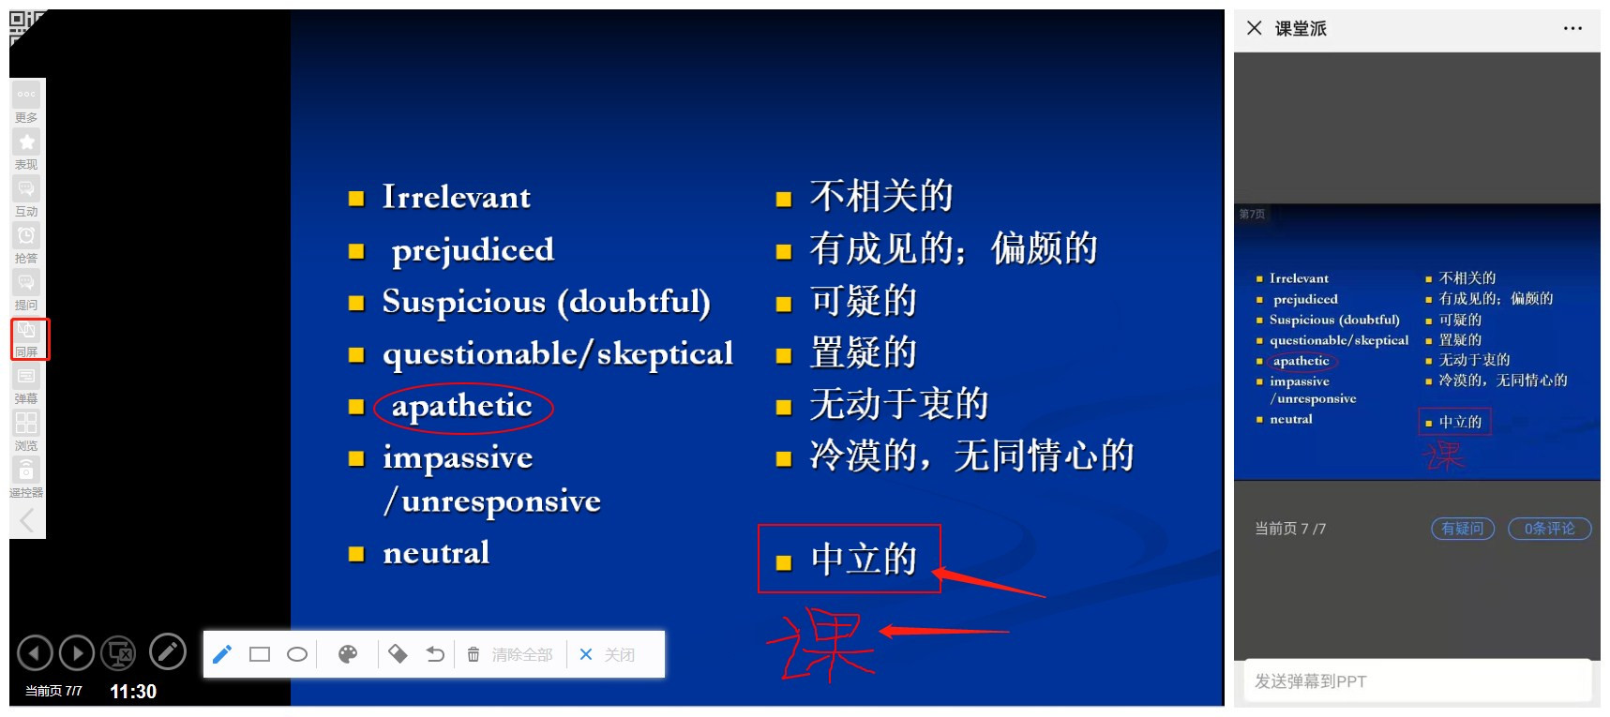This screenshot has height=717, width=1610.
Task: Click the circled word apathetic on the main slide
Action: pos(461,406)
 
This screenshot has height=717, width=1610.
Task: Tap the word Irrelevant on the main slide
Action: pos(456,197)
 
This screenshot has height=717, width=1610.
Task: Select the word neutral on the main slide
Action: pos(436,553)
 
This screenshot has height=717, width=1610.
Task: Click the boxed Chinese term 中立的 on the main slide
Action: pos(863,560)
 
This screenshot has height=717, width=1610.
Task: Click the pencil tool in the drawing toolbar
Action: pos(222,654)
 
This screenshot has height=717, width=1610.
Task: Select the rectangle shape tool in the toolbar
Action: pos(260,654)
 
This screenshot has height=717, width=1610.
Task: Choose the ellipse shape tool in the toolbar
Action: pos(297,654)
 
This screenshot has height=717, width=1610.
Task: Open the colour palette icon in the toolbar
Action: pos(348,654)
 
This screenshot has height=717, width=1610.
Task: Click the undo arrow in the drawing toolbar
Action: pos(435,654)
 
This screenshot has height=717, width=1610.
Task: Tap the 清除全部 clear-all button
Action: pos(511,654)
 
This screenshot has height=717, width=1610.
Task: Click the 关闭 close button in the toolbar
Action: pos(608,654)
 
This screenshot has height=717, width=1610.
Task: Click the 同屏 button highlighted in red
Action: pos(27,338)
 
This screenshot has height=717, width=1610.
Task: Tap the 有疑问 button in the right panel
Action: pos(1463,529)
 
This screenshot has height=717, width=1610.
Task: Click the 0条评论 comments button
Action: pos(1549,529)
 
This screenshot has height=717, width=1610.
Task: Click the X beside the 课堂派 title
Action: pos(1255,28)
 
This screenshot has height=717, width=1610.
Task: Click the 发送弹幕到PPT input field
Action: pos(1417,681)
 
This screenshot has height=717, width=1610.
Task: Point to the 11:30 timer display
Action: pos(133,692)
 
